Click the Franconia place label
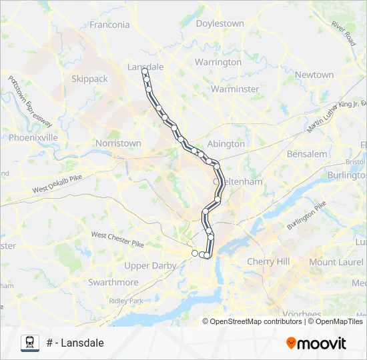pyautogui.click(x=110, y=25)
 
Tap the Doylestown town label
pyautogui.click(x=220, y=23)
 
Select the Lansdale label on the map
pyautogui.click(x=145, y=67)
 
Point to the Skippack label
pyautogui.click(x=89, y=79)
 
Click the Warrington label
pyautogui.click(x=218, y=62)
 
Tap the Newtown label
pyautogui.click(x=314, y=75)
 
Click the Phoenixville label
pyautogui.click(x=33, y=137)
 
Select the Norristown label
pyautogui.click(x=118, y=143)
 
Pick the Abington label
pyautogui.click(x=226, y=143)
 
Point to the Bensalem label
pyautogui.click(x=307, y=154)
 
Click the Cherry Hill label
pyautogui.click(x=268, y=262)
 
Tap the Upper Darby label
pyautogui.click(x=151, y=265)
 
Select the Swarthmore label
pyautogui.click(x=113, y=282)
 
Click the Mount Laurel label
pyautogui.click(x=336, y=262)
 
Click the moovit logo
pyautogui.click(x=316, y=343)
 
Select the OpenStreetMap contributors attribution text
pyautogui.click(x=256, y=321)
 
